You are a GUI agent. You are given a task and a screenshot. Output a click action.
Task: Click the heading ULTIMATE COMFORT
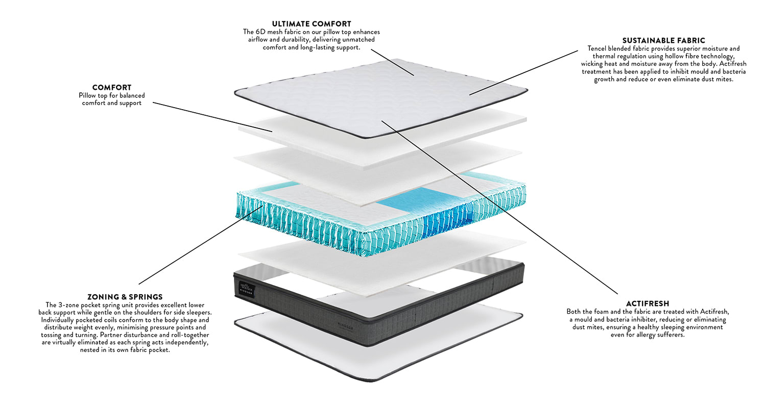[312, 24]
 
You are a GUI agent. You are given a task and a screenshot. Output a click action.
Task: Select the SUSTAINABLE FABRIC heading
[663, 40]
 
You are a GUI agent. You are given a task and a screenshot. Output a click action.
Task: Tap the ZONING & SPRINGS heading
[125, 297]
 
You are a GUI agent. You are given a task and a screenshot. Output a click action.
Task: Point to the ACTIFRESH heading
[648, 303]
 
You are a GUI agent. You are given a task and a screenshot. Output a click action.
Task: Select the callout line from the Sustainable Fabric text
[526, 71]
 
